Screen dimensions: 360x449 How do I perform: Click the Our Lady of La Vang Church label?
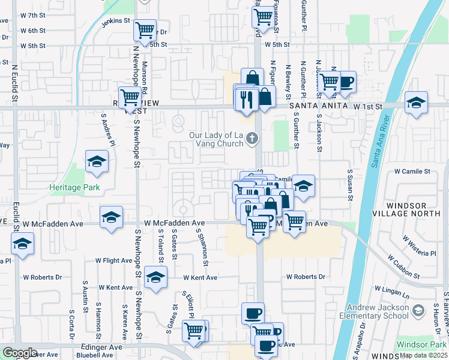click(216, 139)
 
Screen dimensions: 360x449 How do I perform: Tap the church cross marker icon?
click(253, 139)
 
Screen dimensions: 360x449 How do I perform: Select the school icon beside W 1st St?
click(416, 102)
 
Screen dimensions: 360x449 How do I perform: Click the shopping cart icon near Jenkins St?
click(145, 29)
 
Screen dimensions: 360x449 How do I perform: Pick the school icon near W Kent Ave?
click(155, 278)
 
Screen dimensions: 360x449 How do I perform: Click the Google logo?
click(19, 352)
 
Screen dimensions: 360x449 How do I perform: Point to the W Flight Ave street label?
click(114, 260)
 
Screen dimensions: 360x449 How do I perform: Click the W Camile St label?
click(412, 171)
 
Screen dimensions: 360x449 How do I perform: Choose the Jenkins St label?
click(116, 20)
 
